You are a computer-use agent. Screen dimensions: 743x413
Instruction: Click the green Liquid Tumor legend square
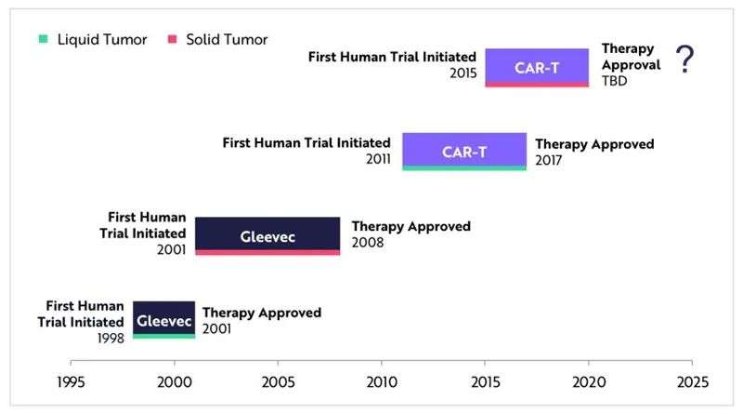click(43, 39)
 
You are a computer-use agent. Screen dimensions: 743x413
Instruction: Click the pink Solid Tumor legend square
click(173, 39)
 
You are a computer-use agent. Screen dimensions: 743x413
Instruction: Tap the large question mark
click(684, 59)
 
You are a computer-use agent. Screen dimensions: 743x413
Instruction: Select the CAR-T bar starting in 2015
click(537, 68)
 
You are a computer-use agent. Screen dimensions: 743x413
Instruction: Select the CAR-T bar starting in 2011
click(464, 152)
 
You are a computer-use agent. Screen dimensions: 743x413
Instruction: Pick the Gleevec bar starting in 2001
click(267, 236)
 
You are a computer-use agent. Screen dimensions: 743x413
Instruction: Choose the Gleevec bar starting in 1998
click(164, 320)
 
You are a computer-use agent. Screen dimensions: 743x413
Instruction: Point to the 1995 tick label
click(71, 382)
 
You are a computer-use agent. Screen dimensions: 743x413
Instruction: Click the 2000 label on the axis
click(175, 382)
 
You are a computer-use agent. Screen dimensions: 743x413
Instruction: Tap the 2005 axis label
click(278, 382)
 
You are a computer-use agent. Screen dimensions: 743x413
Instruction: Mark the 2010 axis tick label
click(382, 382)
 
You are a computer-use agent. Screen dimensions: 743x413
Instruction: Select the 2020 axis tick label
click(589, 382)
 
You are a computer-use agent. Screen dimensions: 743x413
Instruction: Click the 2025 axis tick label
click(693, 382)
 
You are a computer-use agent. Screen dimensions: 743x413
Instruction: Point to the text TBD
click(615, 81)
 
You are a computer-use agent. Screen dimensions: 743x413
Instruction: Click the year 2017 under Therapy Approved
click(549, 160)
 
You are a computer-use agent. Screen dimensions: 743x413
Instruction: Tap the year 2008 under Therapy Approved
click(368, 243)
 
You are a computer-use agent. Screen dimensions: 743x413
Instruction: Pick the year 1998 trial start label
click(111, 339)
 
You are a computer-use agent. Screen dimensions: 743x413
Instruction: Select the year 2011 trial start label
click(378, 159)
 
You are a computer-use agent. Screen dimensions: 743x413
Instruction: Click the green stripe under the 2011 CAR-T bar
click(464, 168)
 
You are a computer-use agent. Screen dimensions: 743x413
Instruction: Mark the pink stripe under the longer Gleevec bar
click(267, 253)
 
